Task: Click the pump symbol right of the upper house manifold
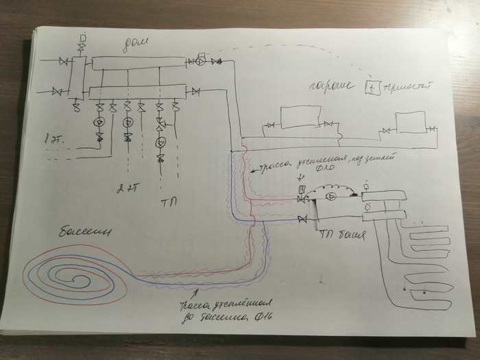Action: (201, 61)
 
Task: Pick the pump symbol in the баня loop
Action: (331, 197)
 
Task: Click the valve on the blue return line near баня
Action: (302, 219)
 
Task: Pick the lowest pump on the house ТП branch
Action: (160, 143)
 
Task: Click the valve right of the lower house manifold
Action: (195, 91)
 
